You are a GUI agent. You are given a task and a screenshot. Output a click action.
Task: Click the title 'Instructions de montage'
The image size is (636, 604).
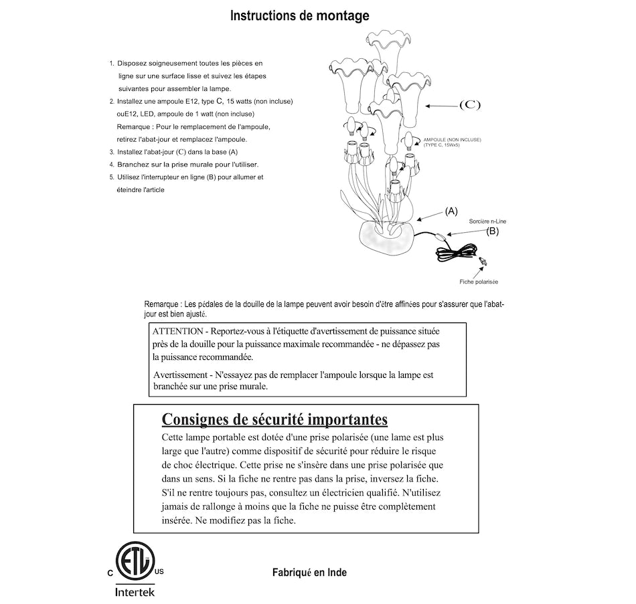click(x=299, y=15)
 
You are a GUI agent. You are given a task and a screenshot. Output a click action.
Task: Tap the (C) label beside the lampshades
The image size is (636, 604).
click(x=470, y=105)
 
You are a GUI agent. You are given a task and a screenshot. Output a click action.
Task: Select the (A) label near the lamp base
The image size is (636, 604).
click(x=451, y=211)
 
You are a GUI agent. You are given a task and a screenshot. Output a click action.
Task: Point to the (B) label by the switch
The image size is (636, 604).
click(x=492, y=231)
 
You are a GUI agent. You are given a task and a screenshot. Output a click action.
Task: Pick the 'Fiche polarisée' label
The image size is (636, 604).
click(x=479, y=282)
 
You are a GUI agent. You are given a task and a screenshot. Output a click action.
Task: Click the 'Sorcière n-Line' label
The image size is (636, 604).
click(x=487, y=220)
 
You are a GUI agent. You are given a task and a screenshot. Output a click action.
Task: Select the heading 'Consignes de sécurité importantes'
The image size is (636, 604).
click(x=274, y=419)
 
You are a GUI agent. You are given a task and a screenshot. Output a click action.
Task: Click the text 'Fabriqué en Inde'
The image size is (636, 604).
click(x=309, y=573)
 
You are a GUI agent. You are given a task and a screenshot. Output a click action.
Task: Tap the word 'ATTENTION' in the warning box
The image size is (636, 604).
click(x=177, y=332)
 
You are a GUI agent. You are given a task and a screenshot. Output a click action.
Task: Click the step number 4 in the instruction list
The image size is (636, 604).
click(x=112, y=165)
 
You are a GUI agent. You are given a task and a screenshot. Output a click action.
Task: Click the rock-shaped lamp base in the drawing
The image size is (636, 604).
click(x=386, y=239)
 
